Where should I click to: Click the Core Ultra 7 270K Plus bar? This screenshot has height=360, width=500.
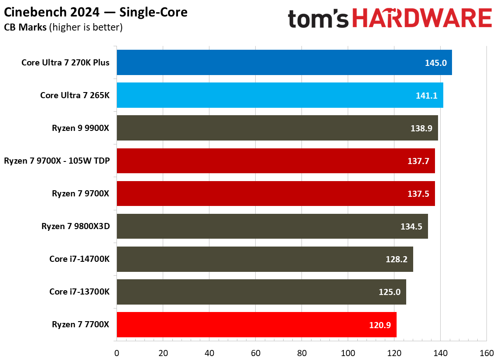tap(284, 62)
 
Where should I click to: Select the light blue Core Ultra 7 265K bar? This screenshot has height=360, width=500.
tap(279, 95)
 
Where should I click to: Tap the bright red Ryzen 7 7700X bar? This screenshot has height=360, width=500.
tap(257, 325)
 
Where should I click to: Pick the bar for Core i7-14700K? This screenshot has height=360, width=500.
tap(264, 259)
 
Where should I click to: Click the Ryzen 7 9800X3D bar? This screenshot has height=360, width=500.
tap(272, 226)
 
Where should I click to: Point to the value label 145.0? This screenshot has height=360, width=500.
tap(435, 63)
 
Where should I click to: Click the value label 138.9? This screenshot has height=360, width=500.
tap(421, 128)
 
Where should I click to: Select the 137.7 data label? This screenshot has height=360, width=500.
tap(418, 161)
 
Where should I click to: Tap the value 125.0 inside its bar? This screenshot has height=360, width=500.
tap(390, 292)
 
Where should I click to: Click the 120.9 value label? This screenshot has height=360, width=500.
tap(380, 325)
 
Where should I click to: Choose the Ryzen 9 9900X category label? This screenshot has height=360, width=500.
tap(81, 128)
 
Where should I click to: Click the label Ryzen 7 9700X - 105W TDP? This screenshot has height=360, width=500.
tap(57, 161)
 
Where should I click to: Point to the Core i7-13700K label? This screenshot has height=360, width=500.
tap(79, 291)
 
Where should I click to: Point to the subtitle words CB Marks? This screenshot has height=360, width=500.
tap(25, 27)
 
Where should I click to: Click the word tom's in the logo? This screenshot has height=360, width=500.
tap(318, 20)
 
